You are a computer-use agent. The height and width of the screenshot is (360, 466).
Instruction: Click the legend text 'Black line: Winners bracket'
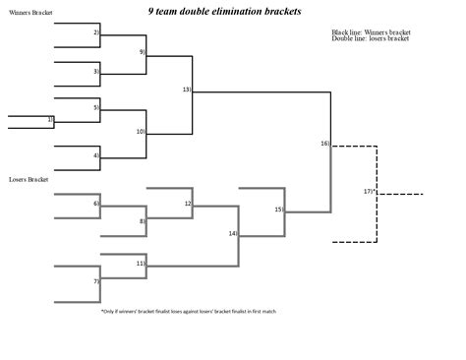coord(371,32)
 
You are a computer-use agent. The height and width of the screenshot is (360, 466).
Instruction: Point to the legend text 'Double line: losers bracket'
coord(371,39)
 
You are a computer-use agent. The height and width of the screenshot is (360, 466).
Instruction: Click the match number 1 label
coord(49,119)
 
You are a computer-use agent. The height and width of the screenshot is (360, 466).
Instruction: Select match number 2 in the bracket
coord(96,32)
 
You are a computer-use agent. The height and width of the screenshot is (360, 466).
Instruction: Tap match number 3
coord(96,71)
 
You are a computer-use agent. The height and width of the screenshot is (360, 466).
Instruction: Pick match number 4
coord(96,155)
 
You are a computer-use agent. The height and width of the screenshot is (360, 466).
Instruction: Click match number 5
coord(96,107)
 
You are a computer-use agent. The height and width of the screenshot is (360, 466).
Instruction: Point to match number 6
coord(96,204)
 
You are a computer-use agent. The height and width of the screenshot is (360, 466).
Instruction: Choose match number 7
coord(96,282)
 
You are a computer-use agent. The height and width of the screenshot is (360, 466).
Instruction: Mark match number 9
coord(142,51)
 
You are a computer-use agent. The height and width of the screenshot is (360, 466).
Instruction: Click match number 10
coord(141,131)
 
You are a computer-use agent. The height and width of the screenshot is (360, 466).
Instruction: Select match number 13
coord(187,90)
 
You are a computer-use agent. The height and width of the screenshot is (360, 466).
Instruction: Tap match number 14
coord(233,234)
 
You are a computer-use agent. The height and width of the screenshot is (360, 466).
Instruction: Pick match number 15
coord(279,210)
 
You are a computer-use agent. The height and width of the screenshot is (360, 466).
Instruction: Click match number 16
coord(324,144)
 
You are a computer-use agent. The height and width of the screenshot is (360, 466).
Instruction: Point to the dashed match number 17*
coord(369,191)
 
